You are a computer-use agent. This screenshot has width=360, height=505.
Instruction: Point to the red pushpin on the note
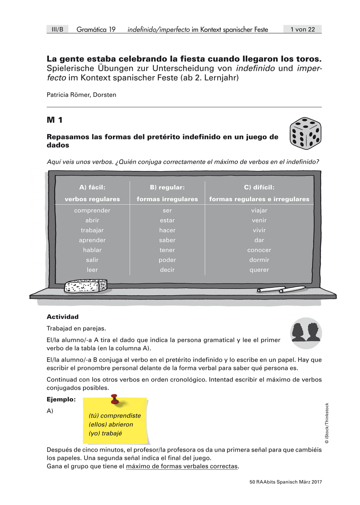tap(114, 399)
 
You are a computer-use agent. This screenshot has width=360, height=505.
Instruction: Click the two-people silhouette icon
tap(306, 333)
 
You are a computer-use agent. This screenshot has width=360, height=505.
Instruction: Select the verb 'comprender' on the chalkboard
tap(92, 210)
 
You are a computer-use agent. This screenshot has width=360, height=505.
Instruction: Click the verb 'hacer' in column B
tap(167, 230)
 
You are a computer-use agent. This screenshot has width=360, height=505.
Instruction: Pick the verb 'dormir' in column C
tap(259, 260)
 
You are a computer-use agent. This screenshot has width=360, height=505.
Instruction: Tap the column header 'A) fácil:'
tap(92, 187)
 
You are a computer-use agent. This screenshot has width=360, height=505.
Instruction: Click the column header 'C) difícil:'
tap(259, 187)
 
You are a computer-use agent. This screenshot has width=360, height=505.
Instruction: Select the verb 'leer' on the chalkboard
tap(92, 270)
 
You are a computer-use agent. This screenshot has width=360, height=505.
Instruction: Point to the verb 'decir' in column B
tap(167, 270)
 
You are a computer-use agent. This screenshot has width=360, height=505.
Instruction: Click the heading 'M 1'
tap(55, 120)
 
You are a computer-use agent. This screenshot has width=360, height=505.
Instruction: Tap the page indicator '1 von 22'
tap(302, 29)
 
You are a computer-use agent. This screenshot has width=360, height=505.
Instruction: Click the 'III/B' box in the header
tap(57, 29)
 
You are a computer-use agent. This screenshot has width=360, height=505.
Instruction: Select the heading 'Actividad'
tap(63, 317)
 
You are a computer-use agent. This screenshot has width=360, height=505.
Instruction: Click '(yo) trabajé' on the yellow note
tap(105, 433)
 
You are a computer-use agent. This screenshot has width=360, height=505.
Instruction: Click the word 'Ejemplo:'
tap(61, 399)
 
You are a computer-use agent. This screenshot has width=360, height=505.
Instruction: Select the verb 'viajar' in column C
tap(259, 210)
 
